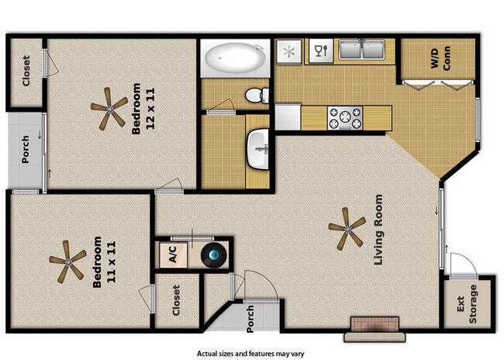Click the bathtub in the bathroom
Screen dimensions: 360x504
[235, 57]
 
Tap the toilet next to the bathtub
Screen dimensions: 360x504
[255, 95]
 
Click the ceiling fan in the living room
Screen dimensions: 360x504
[346, 229]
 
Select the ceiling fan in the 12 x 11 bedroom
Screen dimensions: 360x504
[108, 108]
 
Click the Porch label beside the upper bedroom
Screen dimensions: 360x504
[26, 151]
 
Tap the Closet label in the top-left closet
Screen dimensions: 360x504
[26, 71]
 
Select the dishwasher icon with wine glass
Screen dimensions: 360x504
[319, 52]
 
